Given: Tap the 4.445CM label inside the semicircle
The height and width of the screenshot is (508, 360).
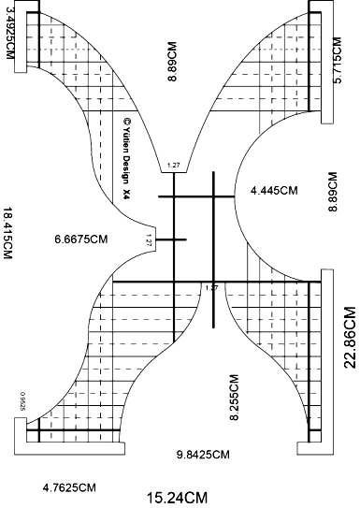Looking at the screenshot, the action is pyautogui.click(x=274, y=190).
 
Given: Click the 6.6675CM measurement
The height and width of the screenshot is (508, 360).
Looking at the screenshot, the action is pyautogui.click(x=81, y=239).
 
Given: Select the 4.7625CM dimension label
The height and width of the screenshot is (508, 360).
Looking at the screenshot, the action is pyautogui.click(x=70, y=486).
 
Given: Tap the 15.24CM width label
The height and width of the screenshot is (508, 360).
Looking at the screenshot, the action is pyautogui.click(x=177, y=497).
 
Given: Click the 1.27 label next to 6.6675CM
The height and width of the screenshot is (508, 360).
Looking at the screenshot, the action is pyautogui.click(x=149, y=241).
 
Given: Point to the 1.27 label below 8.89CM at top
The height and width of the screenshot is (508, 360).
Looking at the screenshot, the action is pyautogui.click(x=172, y=166).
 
